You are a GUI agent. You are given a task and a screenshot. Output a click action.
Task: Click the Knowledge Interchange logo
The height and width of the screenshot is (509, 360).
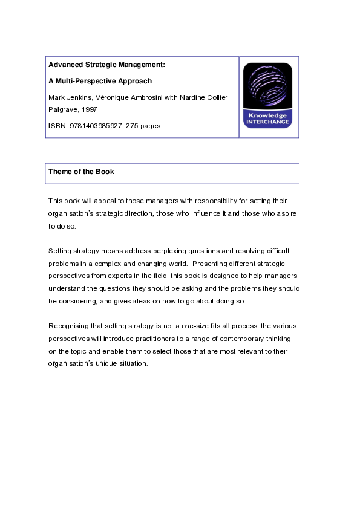267,96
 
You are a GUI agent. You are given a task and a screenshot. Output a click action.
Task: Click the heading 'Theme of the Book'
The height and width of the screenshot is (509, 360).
81,172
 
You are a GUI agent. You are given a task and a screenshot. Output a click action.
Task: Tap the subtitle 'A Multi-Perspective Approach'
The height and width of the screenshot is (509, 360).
100,81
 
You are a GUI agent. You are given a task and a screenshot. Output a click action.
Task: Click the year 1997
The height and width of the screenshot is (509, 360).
88,109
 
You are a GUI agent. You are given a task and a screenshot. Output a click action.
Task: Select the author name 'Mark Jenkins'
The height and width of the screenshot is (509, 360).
68,97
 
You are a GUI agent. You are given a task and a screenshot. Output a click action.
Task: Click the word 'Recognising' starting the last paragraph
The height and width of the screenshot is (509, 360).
68,326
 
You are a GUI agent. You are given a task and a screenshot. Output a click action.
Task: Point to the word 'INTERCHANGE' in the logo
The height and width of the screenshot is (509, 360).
267,122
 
